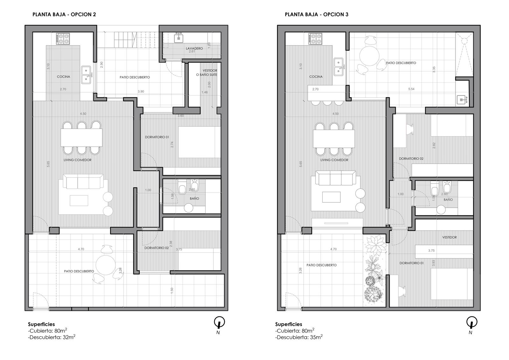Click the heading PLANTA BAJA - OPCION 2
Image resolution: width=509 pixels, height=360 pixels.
64,14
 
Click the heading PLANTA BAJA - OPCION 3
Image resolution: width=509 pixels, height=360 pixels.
317,14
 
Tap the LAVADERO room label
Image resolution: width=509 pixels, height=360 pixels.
194,48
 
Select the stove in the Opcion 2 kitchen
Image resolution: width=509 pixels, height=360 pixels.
63,39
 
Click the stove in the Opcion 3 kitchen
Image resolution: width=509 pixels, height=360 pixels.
315,39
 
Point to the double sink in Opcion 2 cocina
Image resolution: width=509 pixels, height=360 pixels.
86,74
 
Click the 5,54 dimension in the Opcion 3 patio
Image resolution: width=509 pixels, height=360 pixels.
411,89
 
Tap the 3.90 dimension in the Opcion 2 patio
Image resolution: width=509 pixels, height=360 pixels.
141,91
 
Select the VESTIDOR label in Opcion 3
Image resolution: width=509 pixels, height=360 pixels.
450,237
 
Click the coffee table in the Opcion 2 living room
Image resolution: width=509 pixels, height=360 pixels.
79,200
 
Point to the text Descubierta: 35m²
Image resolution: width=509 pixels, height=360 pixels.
299,337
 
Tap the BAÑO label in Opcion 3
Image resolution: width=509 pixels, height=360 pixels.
448,200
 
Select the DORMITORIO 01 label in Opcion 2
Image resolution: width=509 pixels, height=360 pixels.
157,137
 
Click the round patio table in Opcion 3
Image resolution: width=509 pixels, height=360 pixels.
369,56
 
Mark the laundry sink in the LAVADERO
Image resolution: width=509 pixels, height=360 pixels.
178,38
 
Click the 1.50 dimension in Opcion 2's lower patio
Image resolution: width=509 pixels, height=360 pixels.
172,290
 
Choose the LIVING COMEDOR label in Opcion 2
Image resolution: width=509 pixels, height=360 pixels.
78,160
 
